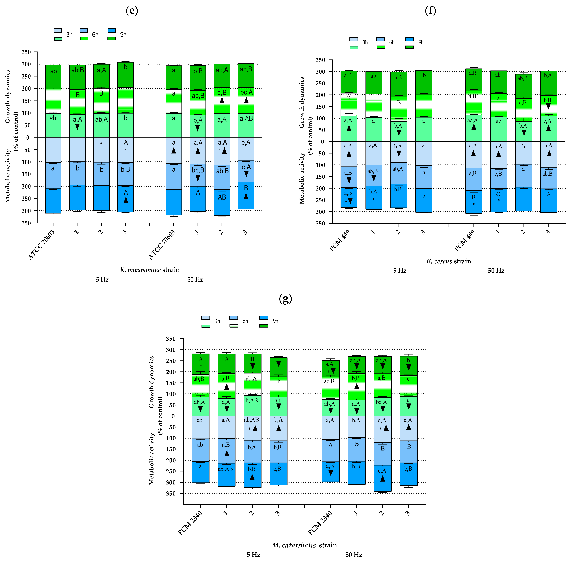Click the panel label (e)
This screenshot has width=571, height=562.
pyautogui.click(x=132, y=11)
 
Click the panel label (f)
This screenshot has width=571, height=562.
pyautogui.click(x=430, y=11)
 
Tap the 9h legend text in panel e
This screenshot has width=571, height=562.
pyautogui.click(x=123, y=35)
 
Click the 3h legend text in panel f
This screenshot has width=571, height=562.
pyautogui.click(x=365, y=42)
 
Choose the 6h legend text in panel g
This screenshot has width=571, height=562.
pyautogui.click(x=245, y=321)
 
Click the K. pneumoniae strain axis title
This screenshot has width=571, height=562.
pyautogui.click(x=149, y=270)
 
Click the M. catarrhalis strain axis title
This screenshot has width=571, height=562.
pyautogui.click(x=304, y=545)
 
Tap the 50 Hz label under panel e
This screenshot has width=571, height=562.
pyautogui.click(x=195, y=279)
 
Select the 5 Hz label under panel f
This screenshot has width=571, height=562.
pyautogui.click(x=400, y=271)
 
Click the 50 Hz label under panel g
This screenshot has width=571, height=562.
pyautogui.click(x=354, y=555)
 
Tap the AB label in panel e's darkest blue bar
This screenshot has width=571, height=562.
pyautogui.click(x=222, y=197)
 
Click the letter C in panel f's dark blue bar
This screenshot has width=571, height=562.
pyautogui.click(x=498, y=194)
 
